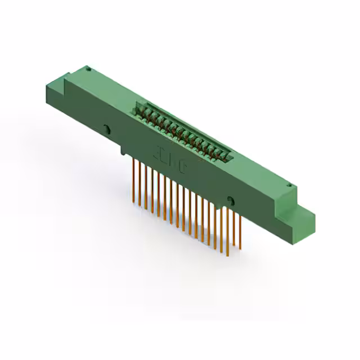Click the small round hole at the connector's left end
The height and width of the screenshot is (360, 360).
tap(88, 69)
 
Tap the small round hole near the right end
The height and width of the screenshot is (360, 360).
tap(289, 186)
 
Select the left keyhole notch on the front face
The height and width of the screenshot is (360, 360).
tap(107, 129)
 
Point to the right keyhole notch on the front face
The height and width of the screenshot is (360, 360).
tap(229, 200)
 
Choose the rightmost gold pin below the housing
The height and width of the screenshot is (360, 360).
tap(240, 233)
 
